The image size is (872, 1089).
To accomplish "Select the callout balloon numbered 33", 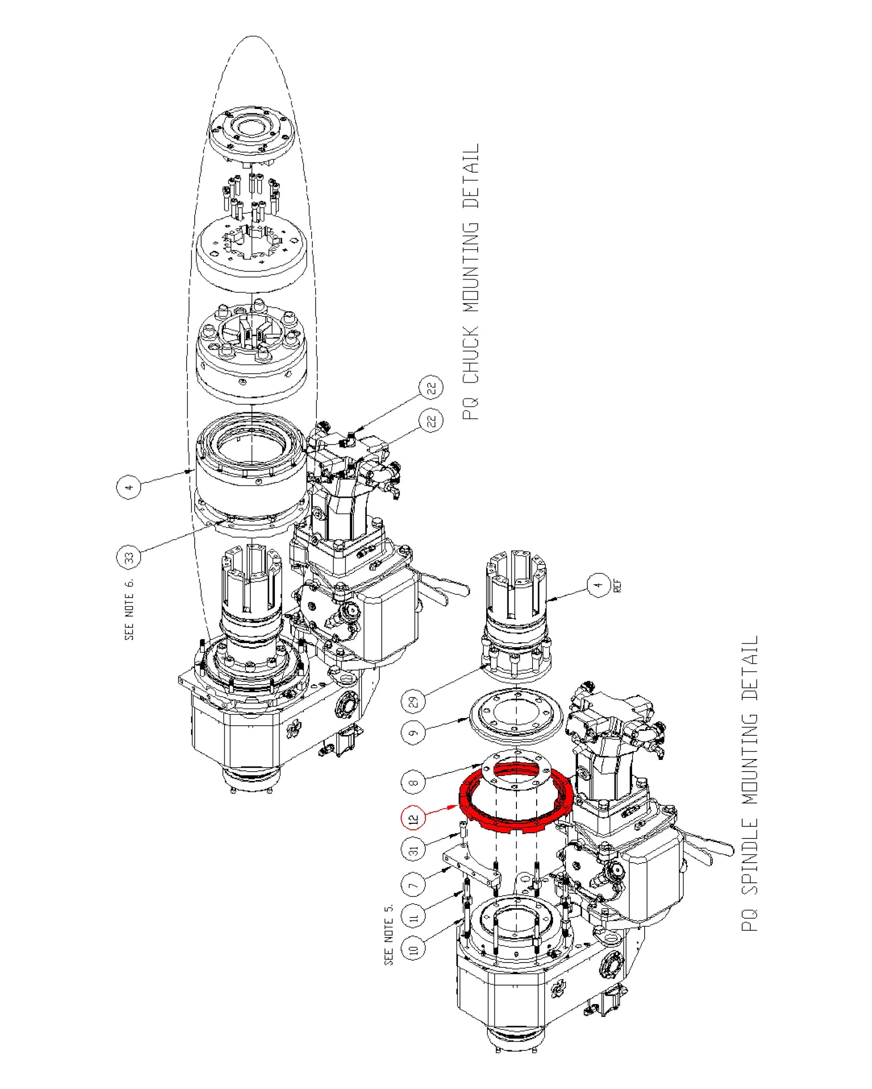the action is tap(129, 558).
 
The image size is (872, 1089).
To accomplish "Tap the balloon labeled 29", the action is tap(414, 702).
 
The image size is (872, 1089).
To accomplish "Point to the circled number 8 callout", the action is tap(414, 783).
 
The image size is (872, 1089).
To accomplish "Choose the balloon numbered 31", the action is tap(414, 850).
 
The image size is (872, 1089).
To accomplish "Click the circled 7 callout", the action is tap(414, 885).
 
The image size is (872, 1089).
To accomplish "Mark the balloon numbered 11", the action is tap(414, 917).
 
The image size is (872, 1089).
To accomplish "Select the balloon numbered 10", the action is tap(414, 949).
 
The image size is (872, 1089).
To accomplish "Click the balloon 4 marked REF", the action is tap(599, 585).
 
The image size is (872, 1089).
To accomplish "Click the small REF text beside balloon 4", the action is tap(617, 586).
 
